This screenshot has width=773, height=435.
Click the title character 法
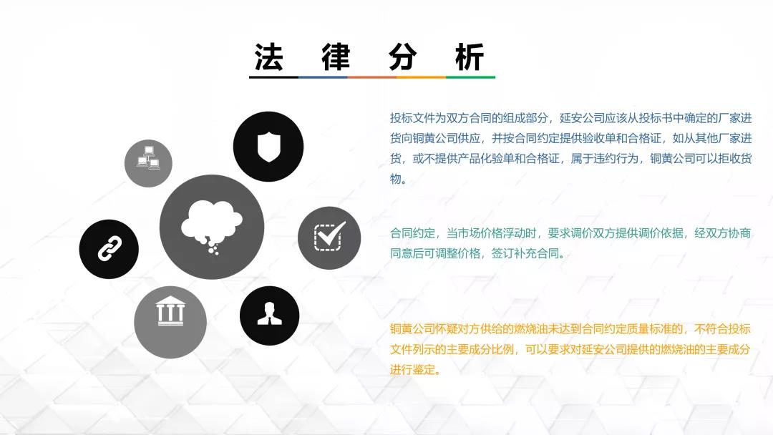pos(268,57)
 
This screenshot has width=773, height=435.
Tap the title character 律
pos(336,57)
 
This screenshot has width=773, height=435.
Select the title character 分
pos(403,57)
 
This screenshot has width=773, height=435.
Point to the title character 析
pos(470,57)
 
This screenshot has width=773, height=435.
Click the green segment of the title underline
pos(470,77)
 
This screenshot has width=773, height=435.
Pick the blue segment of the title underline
pos(323,77)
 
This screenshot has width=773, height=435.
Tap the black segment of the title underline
pos(273,77)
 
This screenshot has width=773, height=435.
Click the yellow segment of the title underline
pos(421,77)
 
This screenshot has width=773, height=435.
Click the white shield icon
pos(268,147)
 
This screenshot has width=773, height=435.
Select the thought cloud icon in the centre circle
pos(211,225)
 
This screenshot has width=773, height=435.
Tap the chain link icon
pos(110,248)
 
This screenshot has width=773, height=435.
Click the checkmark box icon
pos(329,236)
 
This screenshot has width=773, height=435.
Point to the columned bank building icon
pos(170,311)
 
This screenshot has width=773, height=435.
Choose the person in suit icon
pos(269,314)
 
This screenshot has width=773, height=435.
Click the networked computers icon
pos(148,157)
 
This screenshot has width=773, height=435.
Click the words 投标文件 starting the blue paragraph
pos(412,118)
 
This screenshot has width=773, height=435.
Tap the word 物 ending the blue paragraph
pos(395,179)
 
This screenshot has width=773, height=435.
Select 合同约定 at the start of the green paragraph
pos(412,233)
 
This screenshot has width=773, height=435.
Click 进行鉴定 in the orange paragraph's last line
pos(412,369)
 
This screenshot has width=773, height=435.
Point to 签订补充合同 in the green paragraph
pos(525,254)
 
